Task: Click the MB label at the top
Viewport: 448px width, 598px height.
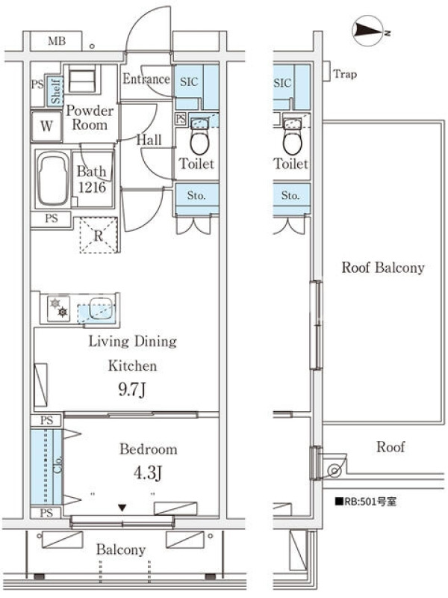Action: (57, 41)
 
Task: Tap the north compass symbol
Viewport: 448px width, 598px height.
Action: (367, 30)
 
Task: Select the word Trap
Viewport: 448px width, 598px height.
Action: (345, 74)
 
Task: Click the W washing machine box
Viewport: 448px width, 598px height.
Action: (46, 126)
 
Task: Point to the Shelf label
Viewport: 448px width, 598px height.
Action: (56, 91)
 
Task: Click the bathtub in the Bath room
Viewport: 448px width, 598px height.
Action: (53, 179)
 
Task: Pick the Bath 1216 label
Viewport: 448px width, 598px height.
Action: (92, 179)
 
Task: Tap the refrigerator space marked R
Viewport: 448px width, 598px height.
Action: (99, 235)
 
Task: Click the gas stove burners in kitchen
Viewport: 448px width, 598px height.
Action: (59, 308)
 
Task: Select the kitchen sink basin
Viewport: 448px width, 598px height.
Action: (101, 309)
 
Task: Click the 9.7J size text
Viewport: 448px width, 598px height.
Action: (132, 389)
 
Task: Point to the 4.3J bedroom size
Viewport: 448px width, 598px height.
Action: (148, 473)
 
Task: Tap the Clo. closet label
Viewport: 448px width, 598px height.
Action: (57, 465)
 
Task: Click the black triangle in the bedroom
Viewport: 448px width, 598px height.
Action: (122, 508)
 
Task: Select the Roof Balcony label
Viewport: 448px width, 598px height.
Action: (383, 268)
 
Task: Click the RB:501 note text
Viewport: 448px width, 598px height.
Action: (366, 501)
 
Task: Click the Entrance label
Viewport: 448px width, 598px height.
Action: (146, 79)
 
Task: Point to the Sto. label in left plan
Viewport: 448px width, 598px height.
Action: (196, 196)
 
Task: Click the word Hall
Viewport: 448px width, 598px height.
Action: (149, 140)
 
